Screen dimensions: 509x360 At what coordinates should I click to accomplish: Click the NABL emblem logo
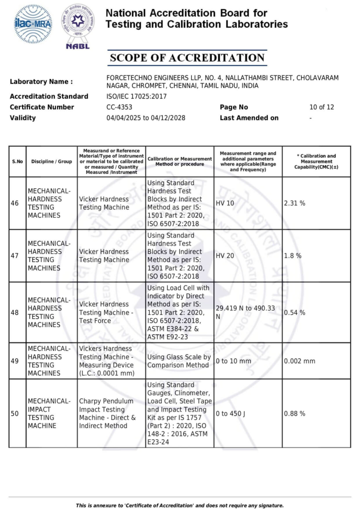pos(78,26)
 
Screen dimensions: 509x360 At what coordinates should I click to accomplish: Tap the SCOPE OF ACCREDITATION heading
pos(187,58)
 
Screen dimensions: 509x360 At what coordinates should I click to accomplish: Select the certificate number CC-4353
pos(120,107)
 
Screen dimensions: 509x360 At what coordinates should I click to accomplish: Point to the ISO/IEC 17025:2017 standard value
pos(137,96)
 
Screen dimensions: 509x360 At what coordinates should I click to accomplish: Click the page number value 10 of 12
pos(321,107)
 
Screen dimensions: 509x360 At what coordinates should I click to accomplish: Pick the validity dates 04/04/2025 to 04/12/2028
pos(146,118)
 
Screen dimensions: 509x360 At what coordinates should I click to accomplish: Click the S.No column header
pos(17,162)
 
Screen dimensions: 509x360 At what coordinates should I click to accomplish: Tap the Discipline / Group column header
pos(51,162)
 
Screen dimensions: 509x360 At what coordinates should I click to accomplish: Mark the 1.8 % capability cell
pos(292,256)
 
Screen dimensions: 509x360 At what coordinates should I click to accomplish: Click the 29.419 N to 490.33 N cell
pos(245,312)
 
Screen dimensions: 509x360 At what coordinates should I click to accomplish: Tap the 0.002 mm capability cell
pos(299,361)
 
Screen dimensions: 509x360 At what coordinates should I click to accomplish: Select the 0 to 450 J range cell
pos(231,414)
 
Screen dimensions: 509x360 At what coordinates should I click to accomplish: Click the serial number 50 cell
pos(15,414)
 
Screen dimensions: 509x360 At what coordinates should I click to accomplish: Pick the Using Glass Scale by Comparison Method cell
pos(179,361)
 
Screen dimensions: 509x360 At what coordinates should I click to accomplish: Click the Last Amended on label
pos(249,118)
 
